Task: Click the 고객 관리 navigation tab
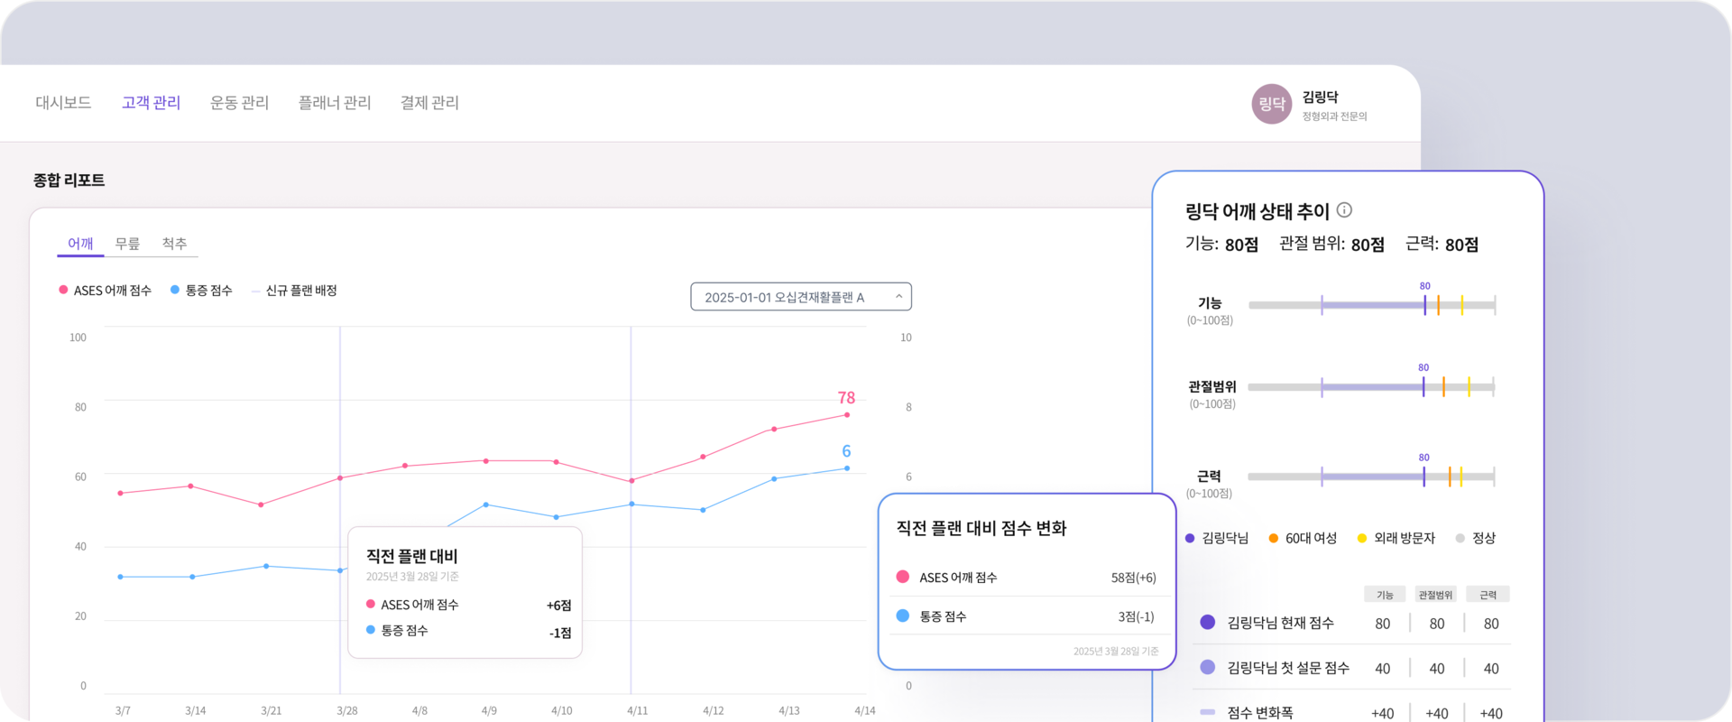pos(152,103)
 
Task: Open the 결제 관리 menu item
pos(429,103)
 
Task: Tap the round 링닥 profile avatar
pos(1271,104)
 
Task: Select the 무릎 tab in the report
pos(127,244)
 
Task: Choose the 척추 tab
pos(174,244)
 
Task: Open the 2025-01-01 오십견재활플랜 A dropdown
pos(801,297)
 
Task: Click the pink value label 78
pos(846,398)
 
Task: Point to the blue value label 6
pos(846,451)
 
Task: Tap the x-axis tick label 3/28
pos(347,711)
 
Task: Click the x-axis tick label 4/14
pos(864,711)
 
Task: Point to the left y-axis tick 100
pos(78,338)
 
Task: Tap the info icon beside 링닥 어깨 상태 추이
pos(1344,210)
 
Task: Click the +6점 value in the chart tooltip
pos(558,606)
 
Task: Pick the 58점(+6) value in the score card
pos(1133,578)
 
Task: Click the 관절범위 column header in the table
pos(1435,595)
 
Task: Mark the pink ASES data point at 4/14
pos(846,415)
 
